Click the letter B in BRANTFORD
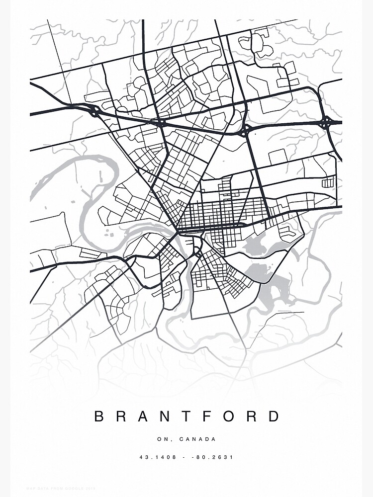point(98,416)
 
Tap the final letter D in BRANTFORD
point(275,416)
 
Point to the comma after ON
point(168,441)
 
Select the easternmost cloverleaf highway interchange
point(326,122)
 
